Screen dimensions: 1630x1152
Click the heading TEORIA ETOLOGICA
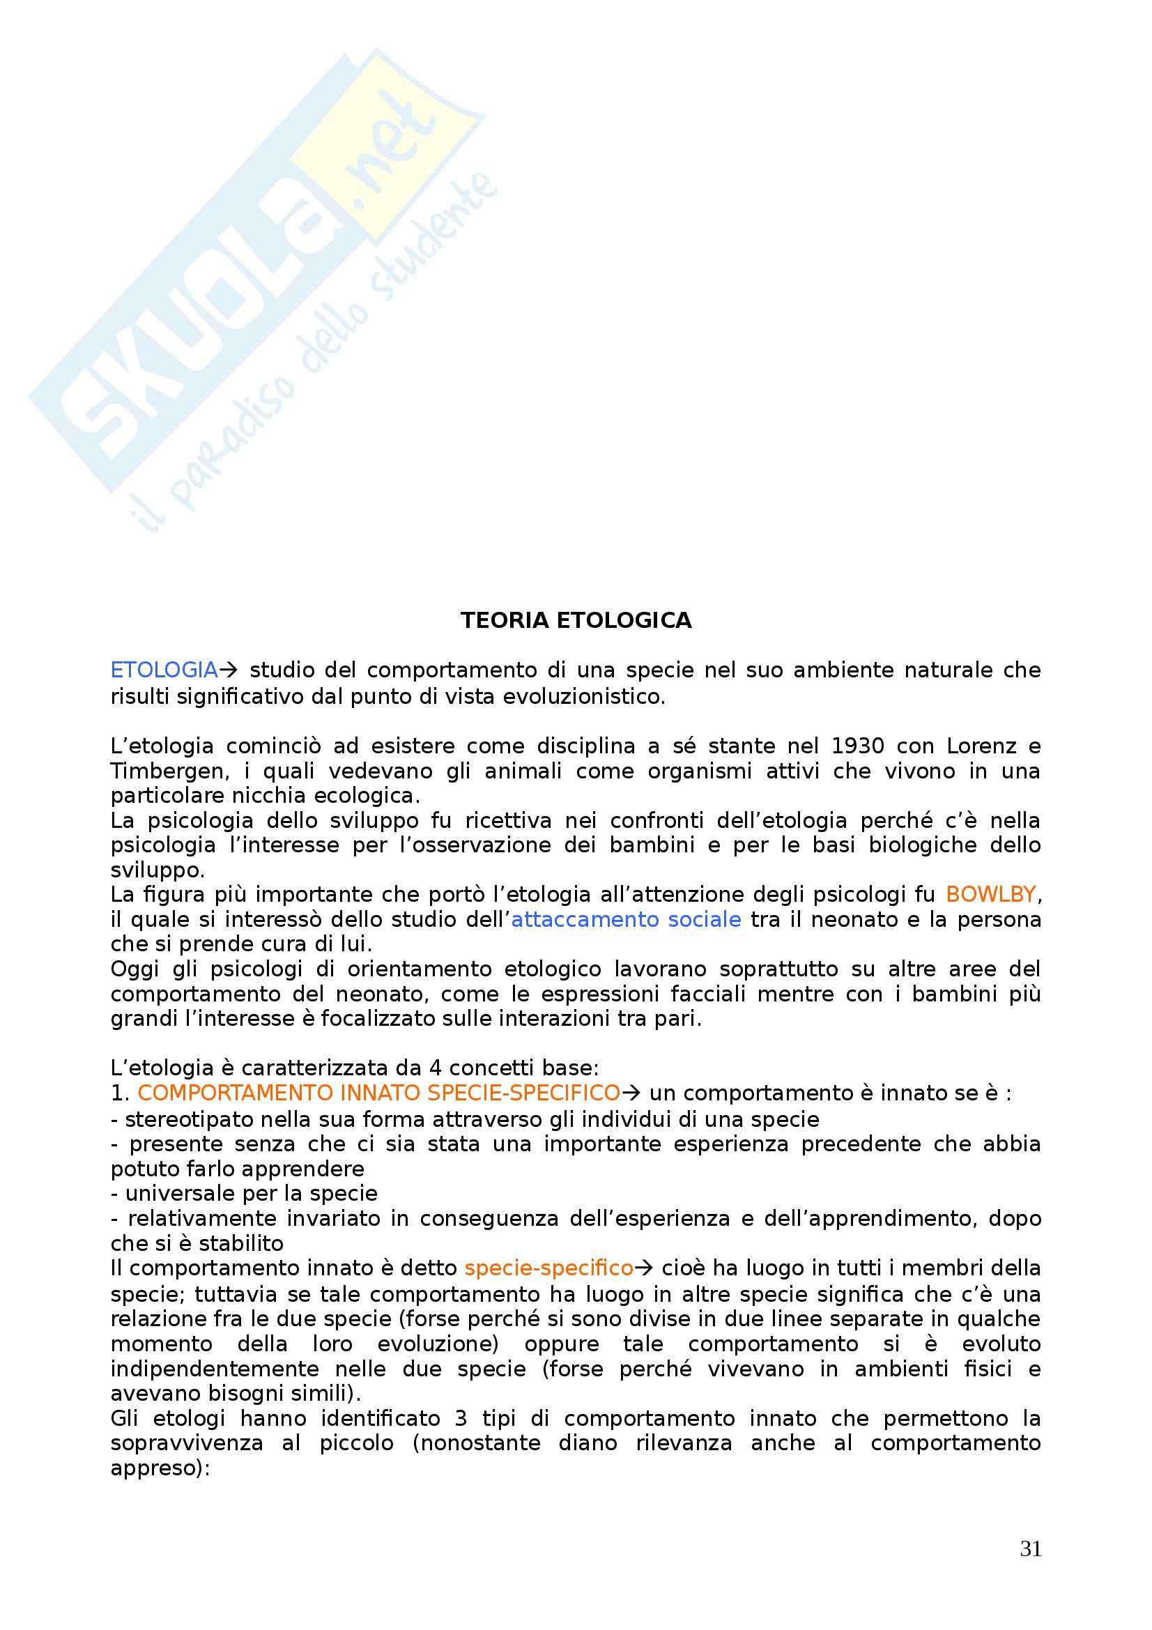(x=576, y=620)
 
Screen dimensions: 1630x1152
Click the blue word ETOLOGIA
(x=164, y=670)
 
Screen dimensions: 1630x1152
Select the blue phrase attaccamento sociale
(x=626, y=919)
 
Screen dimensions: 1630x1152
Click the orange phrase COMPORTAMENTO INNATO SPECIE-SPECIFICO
(x=378, y=1093)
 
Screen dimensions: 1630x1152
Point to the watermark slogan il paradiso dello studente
(x=319, y=355)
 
